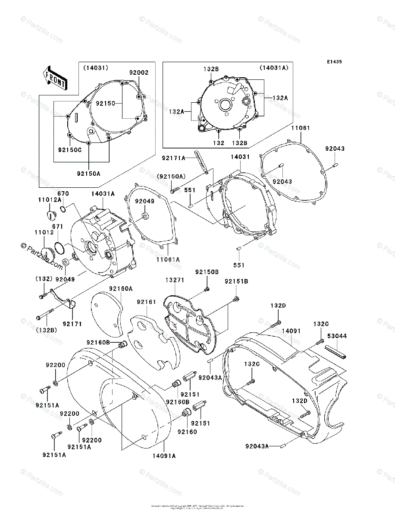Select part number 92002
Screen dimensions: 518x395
pos(139,73)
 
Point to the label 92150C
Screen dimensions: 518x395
pos(70,150)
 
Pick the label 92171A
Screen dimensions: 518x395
pos(174,158)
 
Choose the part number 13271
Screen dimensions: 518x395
pos(175,280)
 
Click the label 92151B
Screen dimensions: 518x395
pos(236,281)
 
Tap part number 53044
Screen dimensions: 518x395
pos(337,335)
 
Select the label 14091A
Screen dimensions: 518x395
pos(163,455)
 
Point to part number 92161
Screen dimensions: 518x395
pos(147,302)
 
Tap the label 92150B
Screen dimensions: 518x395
pos(207,272)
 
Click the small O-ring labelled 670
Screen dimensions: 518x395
pos(63,209)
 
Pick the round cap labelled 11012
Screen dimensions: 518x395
pos(50,253)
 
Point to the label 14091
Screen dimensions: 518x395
pos(291,331)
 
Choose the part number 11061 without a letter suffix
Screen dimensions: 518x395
pos(300,128)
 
